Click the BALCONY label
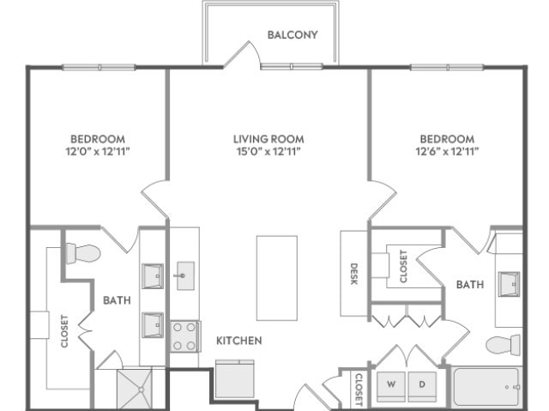pos(293,34)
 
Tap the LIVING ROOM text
pos(268,139)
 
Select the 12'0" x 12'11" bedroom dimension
pos(98,152)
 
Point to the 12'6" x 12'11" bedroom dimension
pos(447,152)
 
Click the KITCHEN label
pos(238,341)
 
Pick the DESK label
pos(353,274)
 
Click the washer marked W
pos(391,387)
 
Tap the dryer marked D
pos(422,387)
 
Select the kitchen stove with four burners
pos(185,336)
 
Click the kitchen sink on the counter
pos(185,275)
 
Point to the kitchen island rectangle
pos(277,278)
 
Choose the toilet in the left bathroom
pos(83,253)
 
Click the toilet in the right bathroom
pos(504,345)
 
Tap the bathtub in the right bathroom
pos(486,387)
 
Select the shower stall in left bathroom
pos(135,389)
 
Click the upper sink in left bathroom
pos(153,276)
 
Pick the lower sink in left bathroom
pos(153,325)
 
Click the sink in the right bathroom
pos(509,284)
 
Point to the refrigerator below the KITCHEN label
pos(235,378)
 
